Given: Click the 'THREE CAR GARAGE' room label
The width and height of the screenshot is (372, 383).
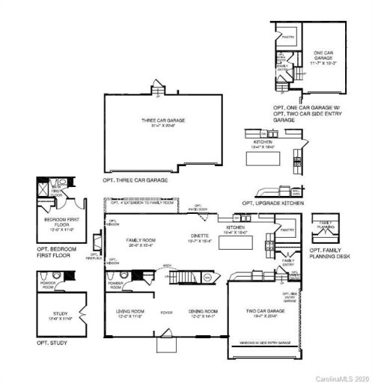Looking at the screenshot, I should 162,120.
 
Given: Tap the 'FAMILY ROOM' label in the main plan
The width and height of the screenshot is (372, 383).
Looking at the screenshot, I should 140,240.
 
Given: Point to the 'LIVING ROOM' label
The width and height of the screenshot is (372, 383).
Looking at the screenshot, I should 129,310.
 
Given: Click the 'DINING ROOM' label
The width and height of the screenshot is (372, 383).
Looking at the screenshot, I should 202,310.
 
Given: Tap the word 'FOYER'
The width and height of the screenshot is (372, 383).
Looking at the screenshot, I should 166,313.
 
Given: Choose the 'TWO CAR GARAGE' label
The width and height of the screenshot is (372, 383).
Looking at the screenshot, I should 262,310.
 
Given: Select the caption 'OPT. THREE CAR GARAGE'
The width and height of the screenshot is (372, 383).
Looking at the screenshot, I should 135,181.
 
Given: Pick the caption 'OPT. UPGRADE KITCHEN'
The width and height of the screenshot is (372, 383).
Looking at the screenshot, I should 273,203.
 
